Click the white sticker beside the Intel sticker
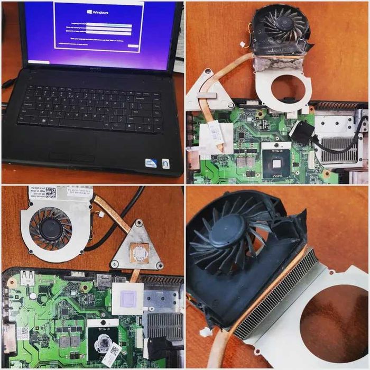click(165, 163)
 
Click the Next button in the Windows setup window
click(133, 46)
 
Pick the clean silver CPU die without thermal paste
click(276, 162)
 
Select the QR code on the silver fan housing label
click(50, 192)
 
